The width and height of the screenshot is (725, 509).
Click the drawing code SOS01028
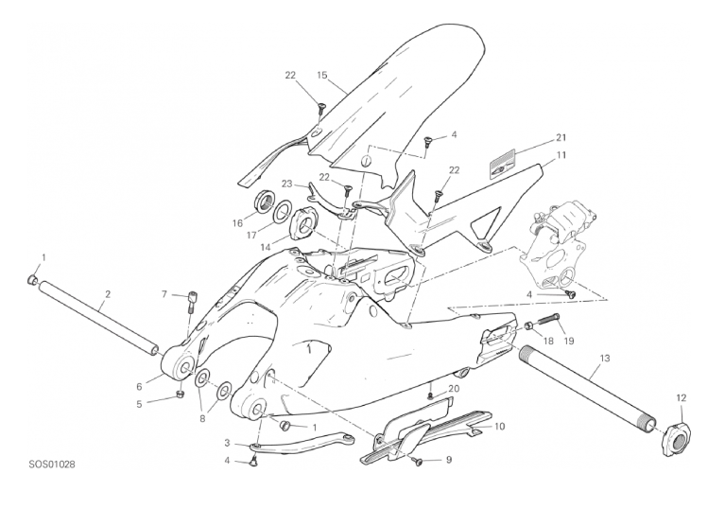click(x=51, y=465)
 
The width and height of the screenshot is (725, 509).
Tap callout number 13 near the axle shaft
click(x=605, y=359)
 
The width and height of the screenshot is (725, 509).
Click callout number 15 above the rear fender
click(x=322, y=75)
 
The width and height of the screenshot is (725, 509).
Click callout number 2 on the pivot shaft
click(x=108, y=294)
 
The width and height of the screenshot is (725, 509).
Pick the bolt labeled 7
click(x=192, y=301)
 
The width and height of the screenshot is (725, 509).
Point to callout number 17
click(x=251, y=236)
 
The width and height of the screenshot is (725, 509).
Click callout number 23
click(x=287, y=184)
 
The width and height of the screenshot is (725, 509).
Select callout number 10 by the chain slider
click(x=500, y=426)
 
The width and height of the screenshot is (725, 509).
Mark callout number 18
click(x=548, y=341)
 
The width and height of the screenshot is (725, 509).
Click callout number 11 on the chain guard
click(x=561, y=155)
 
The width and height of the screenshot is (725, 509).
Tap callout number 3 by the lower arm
click(x=227, y=444)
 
